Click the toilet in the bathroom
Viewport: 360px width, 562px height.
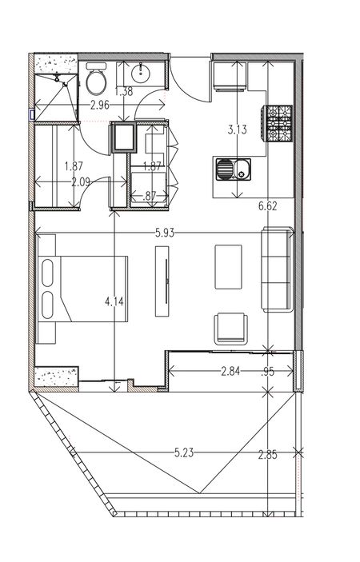[x=96, y=79]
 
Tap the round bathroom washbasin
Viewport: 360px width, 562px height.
[x=141, y=74]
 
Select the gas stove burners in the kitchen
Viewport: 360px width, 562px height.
[x=278, y=123]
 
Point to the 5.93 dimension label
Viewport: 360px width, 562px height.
[x=165, y=233]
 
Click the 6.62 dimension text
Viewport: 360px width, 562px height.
[x=268, y=206]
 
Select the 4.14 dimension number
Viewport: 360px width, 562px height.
[x=114, y=301]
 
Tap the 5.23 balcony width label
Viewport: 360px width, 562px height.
[x=184, y=452]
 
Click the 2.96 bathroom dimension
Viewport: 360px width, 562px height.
[x=100, y=106]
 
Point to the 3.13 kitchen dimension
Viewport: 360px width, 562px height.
[x=238, y=130]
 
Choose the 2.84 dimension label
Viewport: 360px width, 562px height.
[x=230, y=371]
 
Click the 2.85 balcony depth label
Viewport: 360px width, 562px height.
[x=268, y=455]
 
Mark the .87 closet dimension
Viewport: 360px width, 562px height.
[x=149, y=196]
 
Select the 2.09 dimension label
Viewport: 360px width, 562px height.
[x=81, y=182]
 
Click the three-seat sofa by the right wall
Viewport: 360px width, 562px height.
[x=277, y=269]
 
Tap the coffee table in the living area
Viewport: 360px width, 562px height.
[x=229, y=267]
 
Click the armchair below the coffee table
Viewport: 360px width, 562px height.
[x=231, y=329]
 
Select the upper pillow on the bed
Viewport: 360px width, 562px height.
[x=47, y=273]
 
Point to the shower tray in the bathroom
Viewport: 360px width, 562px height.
[x=56, y=98]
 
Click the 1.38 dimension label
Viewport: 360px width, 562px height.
[x=124, y=91]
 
